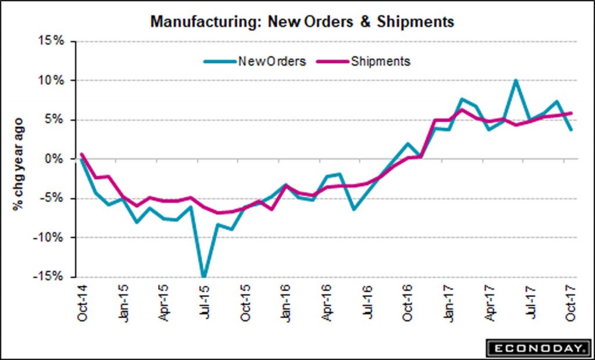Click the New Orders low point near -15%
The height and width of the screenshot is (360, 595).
coord(204,276)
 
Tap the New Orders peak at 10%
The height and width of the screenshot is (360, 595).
coord(516,80)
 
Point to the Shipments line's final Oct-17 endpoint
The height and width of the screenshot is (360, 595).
coord(572,113)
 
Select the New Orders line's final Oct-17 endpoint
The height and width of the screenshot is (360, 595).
coord(572,129)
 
